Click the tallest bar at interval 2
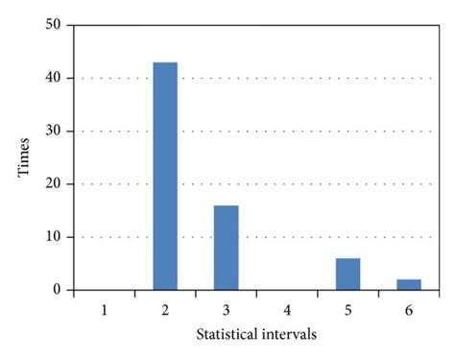point(165,176)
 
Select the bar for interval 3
point(226,248)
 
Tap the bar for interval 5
point(347,274)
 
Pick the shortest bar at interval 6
point(409,284)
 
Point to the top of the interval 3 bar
point(226,206)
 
